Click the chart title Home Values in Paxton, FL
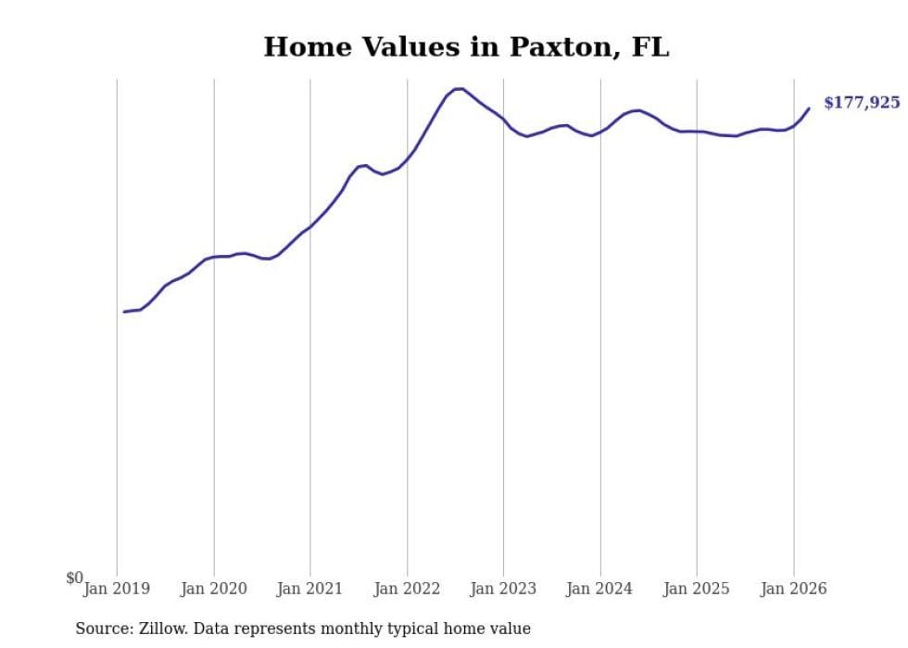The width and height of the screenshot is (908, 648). [466, 47]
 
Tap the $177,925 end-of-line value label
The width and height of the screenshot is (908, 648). [861, 103]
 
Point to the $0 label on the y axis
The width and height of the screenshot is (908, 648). [74, 578]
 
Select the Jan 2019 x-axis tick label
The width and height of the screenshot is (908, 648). [117, 589]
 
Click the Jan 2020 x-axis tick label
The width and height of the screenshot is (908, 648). [214, 589]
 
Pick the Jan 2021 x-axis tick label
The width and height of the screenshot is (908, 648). [310, 589]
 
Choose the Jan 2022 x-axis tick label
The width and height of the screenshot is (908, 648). [407, 589]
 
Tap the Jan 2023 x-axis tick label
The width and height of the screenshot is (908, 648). [503, 589]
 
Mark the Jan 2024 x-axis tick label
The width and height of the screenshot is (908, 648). [600, 589]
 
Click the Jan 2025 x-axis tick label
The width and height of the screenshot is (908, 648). [697, 589]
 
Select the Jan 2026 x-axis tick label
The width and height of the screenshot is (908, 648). [793, 589]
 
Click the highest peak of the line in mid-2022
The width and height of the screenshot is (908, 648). [459, 88]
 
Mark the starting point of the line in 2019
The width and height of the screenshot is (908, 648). [124, 311]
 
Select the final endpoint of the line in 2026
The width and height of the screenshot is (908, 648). [809, 108]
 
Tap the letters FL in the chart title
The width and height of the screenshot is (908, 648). [650, 47]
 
